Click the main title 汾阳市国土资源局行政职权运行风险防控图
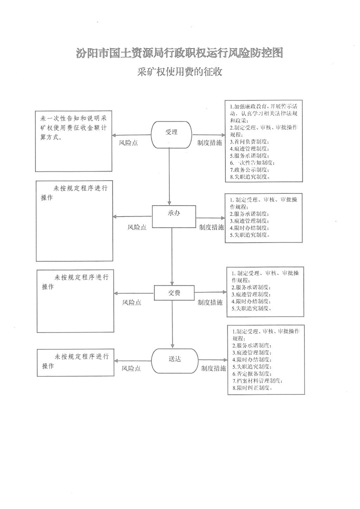(x=179, y=53)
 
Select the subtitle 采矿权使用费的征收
(x=180, y=72)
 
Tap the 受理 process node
(x=172, y=135)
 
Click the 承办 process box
(x=174, y=216)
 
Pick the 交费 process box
(x=174, y=293)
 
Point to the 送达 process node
(x=175, y=361)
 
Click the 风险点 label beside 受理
(x=128, y=143)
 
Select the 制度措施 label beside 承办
(x=211, y=227)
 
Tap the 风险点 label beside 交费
(x=131, y=302)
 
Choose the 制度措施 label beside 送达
(x=213, y=368)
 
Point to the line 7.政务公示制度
(x=249, y=170)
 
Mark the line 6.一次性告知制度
(x=252, y=163)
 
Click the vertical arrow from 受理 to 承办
(x=169, y=177)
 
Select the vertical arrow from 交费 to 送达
(x=173, y=324)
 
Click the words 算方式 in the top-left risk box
(x=51, y=137)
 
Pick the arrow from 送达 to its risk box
(x=133, y=361)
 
